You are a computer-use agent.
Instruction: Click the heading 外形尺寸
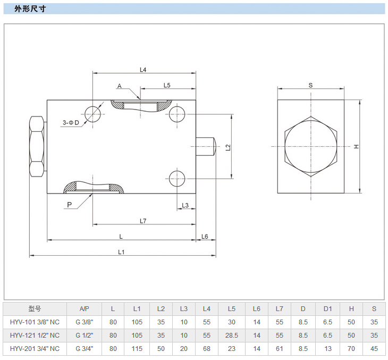[x=32, y=9]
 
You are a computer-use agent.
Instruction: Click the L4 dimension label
[x=142, y=69]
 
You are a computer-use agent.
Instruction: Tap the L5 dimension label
[x=166, y=85]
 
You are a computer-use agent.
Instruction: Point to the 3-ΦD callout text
[x=70, y=123]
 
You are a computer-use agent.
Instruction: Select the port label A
[x=120, y=86]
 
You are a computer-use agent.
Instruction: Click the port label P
[x=70, y=204]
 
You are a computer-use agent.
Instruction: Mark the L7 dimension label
[x=142, y=221]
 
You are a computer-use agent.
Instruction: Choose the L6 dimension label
[x=205, y=236]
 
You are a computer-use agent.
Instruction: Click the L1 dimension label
[x=121, y=252]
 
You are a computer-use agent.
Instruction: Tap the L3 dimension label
[x=184, y=205]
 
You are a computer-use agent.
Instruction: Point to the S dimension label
[x=310, y=85]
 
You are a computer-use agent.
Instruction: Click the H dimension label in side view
[x=357, y=146]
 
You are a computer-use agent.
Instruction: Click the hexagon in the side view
[x=311, y=146]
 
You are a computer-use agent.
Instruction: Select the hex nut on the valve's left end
[x=36, y=147]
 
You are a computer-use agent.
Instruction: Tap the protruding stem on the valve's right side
[x=205, y=147]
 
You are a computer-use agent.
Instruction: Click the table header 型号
[x=35, y=308]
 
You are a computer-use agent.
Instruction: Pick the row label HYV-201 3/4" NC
[x=35, y=348]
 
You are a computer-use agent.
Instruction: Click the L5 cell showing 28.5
[x=231, y=335]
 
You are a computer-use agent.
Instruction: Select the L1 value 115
[x=137, y=348]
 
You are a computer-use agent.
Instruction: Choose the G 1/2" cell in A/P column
[x=84, y=335]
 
